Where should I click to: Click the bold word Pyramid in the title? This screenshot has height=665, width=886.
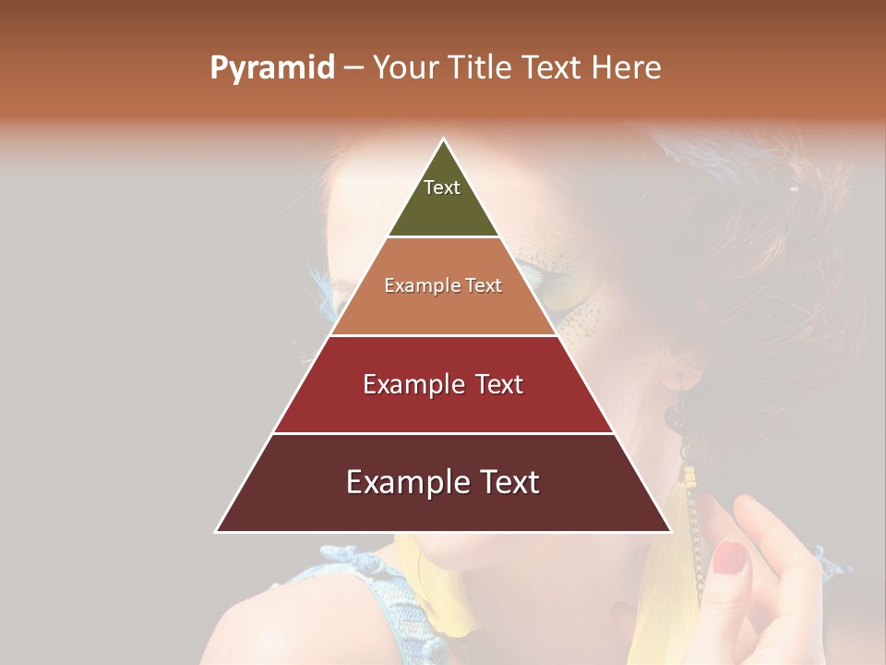click(x=271, y=68)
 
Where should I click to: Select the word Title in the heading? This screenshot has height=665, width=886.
click(x=482, y=68)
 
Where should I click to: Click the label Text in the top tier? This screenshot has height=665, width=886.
click(x=442, y=187)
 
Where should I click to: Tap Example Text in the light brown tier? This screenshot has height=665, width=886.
click(x=443, y=285)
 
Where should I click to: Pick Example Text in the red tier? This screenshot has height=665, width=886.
click(x=443, y=384)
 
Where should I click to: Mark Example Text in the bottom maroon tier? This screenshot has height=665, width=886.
click(x=443, y=482)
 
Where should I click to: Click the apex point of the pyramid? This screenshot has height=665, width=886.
click(x=444, y=139)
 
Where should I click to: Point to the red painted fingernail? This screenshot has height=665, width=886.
click(x=729, y=556)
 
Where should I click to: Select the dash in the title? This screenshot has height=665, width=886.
click(x=353, y=68)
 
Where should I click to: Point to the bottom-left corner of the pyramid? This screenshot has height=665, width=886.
click(x=216, y=531)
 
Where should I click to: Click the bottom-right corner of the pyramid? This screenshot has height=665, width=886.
click(x=671, y=531)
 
